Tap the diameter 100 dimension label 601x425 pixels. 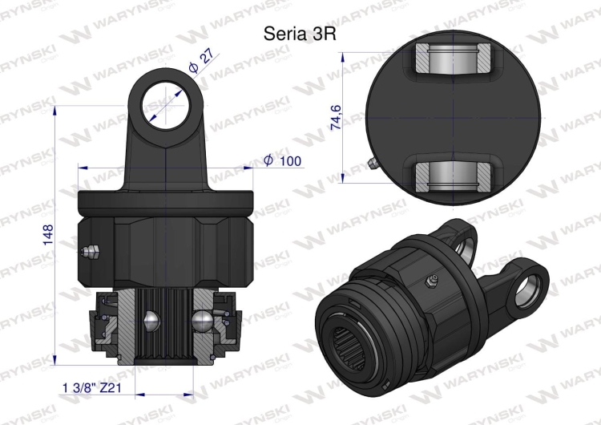[x=282, y=161]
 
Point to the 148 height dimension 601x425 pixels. [x=46, y=235]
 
